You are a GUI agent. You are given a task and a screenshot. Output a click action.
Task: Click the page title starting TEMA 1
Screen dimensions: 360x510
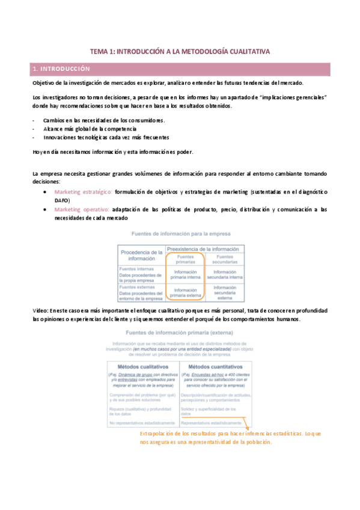(180, 52)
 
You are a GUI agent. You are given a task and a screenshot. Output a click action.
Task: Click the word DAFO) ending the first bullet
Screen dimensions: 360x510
(62, 200)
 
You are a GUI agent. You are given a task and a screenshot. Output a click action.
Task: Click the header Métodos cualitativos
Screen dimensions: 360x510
(142, 366)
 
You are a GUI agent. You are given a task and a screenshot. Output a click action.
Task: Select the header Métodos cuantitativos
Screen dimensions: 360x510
(214, 366)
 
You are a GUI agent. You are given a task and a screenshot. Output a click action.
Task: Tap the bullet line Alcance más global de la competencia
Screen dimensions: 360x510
(90, 128)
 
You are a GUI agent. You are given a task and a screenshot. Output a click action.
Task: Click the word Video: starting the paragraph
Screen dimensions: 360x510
(43, 309)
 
